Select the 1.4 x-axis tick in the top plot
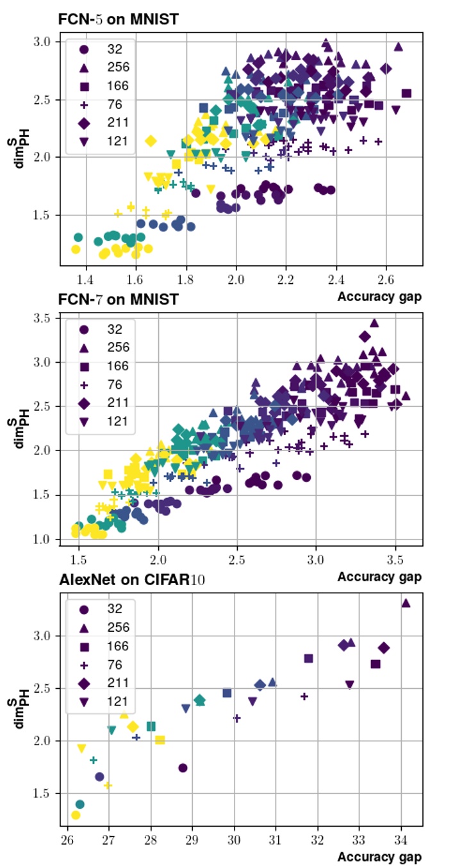85,280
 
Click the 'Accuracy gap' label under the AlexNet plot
379,857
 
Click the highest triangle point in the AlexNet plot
406,603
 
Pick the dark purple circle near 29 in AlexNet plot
183,768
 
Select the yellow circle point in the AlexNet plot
76,815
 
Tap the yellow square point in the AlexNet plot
160,739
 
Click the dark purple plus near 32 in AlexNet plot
304,696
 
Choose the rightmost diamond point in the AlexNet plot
384,648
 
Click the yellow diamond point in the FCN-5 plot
151,141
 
